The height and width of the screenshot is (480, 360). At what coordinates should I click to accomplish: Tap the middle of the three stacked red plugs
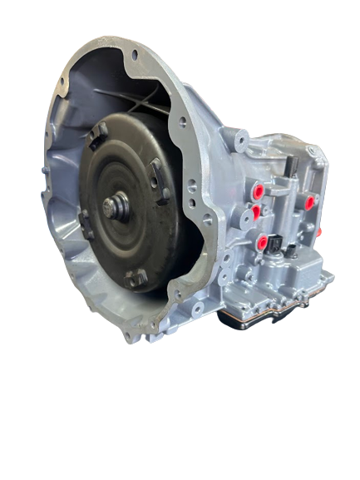256,211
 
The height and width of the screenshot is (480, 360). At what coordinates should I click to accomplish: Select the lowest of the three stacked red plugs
264,243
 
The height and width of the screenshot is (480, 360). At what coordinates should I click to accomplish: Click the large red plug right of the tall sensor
309,201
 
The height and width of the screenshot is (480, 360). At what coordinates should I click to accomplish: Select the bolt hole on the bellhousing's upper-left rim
62,81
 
